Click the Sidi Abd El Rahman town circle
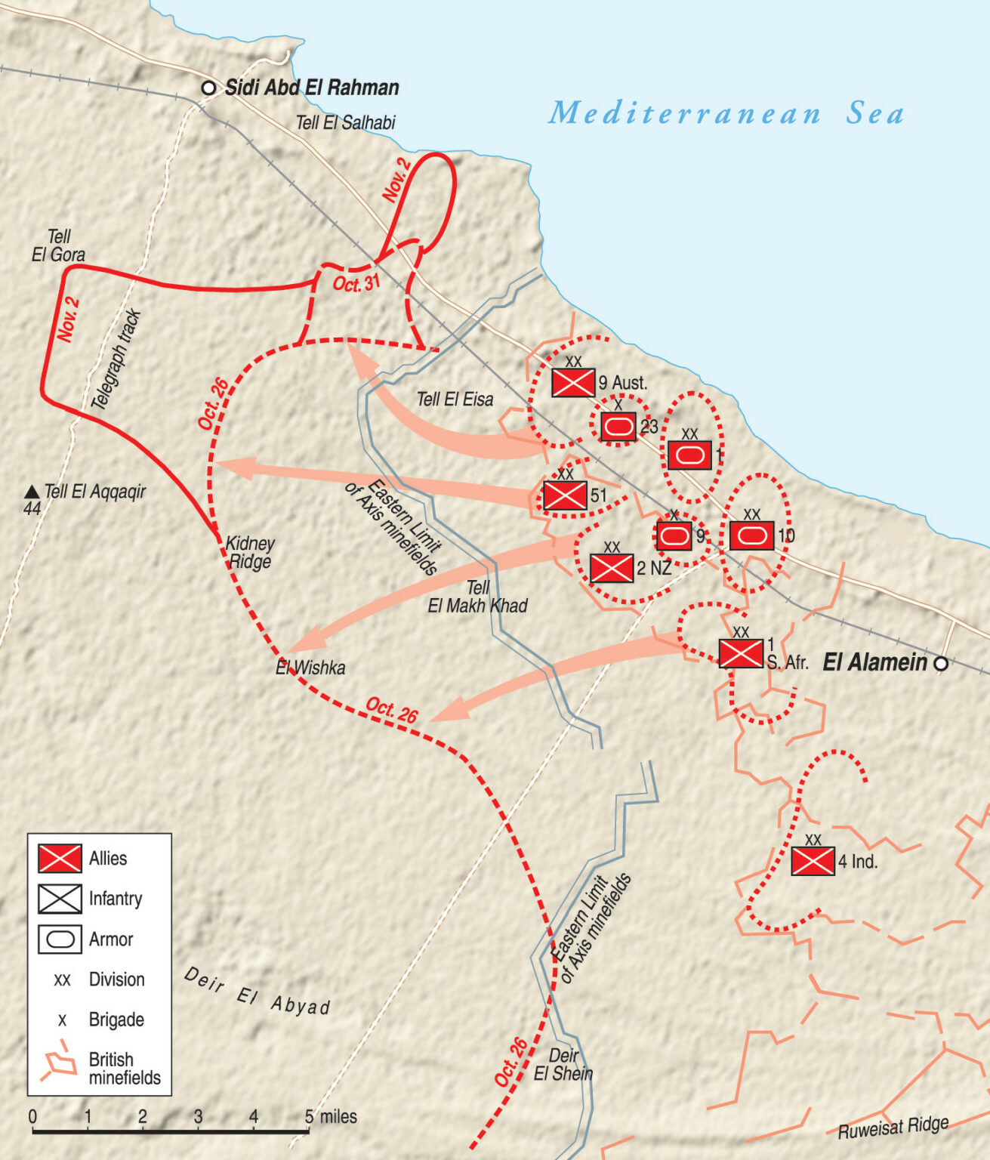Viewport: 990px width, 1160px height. coord(208,88)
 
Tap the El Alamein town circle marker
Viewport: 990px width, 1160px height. coord(941,664)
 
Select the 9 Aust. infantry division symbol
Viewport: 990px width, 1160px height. coord(573,383)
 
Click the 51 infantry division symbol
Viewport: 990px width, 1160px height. coord(565,495)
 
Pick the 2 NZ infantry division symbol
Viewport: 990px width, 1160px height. coord(612,568)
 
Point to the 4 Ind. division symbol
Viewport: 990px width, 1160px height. coord(813,861)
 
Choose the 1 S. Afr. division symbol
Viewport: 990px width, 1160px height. coord(741,653)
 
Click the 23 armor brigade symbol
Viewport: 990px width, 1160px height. coord(618,427)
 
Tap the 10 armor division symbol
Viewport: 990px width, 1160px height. coord(751,535)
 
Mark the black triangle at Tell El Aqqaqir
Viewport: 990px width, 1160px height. coord(32,492)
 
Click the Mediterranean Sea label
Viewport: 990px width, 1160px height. coord(726,113)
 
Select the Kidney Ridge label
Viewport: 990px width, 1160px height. coord(250,552)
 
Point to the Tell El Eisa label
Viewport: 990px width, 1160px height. coord(455,400)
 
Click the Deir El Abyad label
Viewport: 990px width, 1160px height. coord(257,991)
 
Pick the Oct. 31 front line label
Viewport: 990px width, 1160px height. coord(356,284)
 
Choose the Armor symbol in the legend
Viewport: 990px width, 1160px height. coord(60,939)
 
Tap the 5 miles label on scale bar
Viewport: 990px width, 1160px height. coord(331,1116)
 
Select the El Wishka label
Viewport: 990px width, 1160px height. coord(310,668)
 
